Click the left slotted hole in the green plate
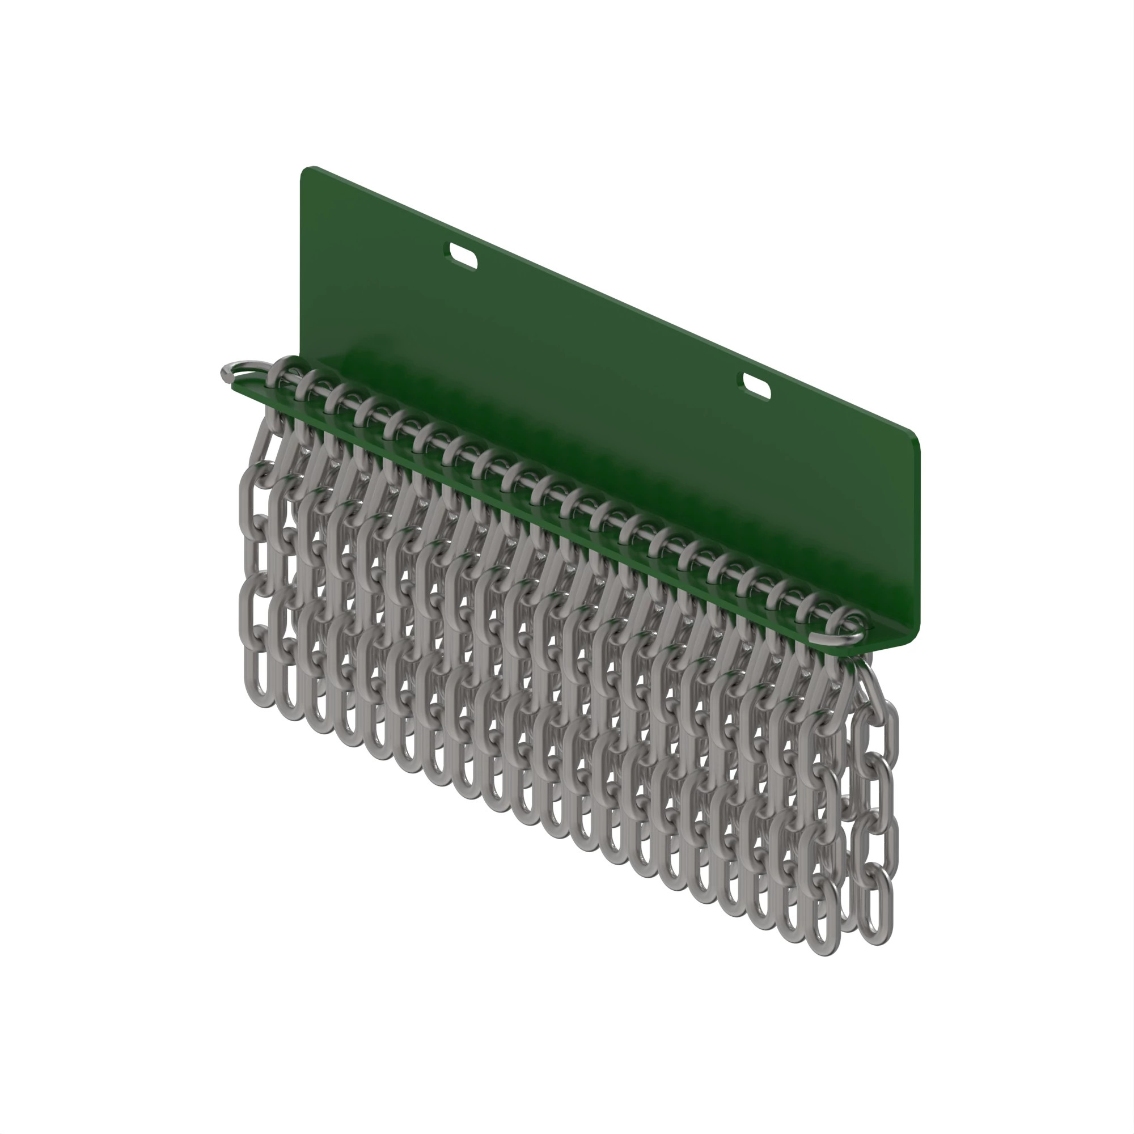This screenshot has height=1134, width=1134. click(463, 256)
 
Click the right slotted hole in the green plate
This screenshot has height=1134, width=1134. click(756, 387)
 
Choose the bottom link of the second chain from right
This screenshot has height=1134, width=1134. click(822, 921)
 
